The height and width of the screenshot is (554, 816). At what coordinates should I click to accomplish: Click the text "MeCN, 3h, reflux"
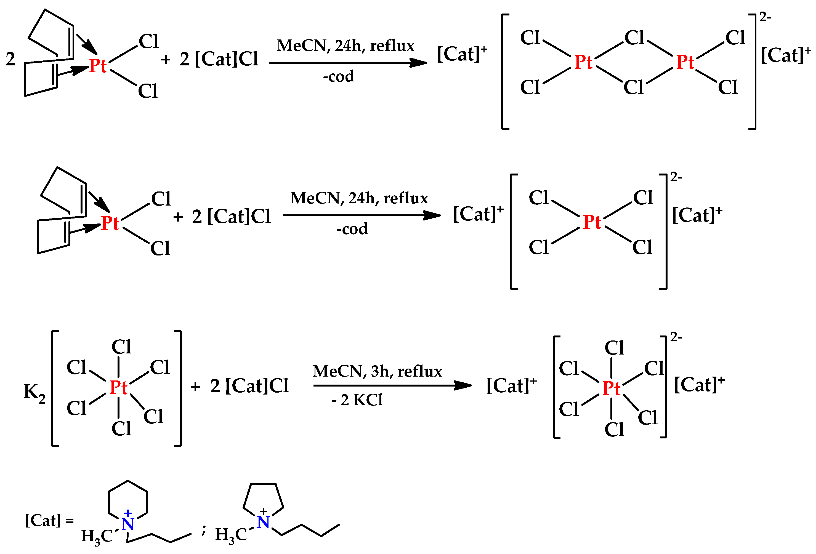pos(377,371)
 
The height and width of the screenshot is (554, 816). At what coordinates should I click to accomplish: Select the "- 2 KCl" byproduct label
pos(357,400)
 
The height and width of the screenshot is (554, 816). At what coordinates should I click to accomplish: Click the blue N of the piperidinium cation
pos(128,524)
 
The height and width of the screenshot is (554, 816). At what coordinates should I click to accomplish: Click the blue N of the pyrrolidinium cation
pos(263,522)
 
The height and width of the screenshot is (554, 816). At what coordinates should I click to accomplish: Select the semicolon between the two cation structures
pos(204,530)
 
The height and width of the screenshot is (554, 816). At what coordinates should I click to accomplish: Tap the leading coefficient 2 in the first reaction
pos(10,59)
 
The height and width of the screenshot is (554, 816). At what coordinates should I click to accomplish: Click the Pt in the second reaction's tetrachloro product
pos(592,222)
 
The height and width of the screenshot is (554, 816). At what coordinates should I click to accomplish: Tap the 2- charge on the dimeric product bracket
pos(765,17)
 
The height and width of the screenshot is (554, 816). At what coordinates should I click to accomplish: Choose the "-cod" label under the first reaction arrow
pos(339,76)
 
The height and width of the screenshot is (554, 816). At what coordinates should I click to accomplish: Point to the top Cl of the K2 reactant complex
pos(121,347)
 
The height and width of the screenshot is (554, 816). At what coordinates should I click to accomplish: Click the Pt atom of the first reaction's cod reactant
pos(98,66)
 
